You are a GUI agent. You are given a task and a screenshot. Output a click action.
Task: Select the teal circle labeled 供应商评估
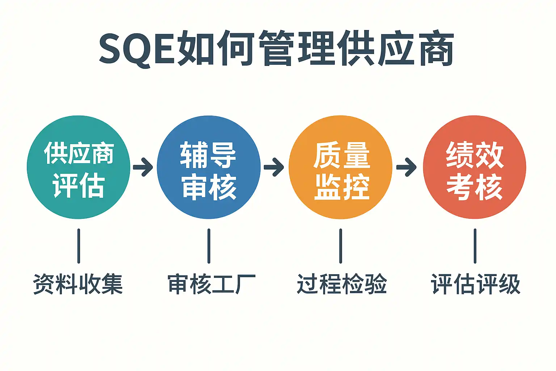79,167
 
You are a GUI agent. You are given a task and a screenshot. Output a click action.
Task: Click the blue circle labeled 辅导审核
209,167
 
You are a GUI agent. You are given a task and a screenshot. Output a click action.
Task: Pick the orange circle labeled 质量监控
341,167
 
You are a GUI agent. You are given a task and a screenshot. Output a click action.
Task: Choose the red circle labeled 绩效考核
475,167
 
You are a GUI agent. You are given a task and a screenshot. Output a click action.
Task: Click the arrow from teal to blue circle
143,167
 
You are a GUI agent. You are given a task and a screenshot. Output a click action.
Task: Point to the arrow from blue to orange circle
274,167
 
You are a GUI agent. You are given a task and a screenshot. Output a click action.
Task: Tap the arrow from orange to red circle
407,167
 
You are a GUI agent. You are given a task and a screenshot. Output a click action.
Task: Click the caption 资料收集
78,284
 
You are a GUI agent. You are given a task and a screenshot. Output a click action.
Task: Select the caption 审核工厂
212,284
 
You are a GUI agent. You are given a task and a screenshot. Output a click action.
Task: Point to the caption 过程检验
342,284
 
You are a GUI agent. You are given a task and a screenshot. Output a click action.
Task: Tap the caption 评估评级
476,284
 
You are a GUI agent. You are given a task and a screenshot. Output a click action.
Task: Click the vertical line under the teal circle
79,246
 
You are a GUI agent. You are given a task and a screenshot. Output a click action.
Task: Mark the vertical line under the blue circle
209,246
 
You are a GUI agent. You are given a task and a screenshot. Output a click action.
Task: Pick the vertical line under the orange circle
341,246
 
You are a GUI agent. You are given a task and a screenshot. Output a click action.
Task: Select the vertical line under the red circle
475,246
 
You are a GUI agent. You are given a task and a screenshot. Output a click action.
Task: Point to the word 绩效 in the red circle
475,155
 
